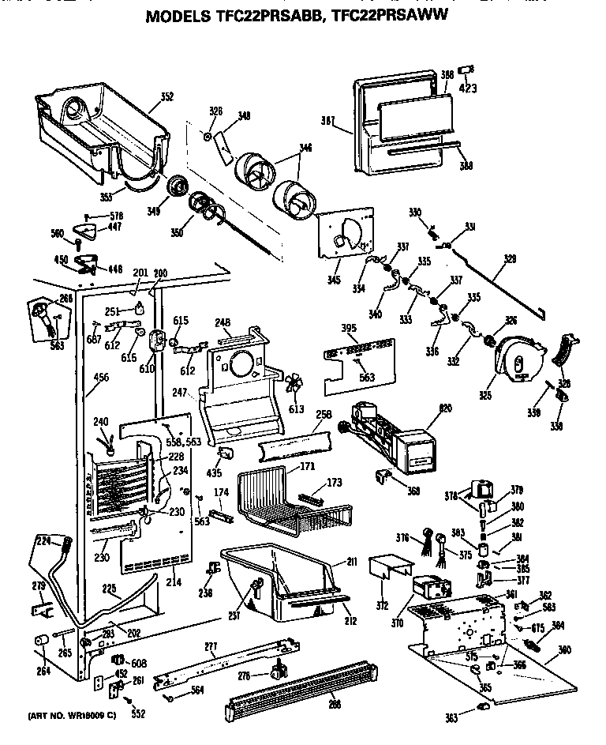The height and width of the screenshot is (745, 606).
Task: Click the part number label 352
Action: click(x=166, y=97)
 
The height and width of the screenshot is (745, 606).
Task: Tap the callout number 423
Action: click(x=468, y=88)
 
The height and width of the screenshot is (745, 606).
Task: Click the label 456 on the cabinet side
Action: click(x=101, y=378)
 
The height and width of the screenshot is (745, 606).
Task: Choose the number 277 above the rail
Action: click(x=210, y=648)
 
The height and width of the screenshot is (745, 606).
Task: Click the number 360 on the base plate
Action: click(x=563, y=650)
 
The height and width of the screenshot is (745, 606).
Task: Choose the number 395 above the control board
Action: click(x=327, y=328)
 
